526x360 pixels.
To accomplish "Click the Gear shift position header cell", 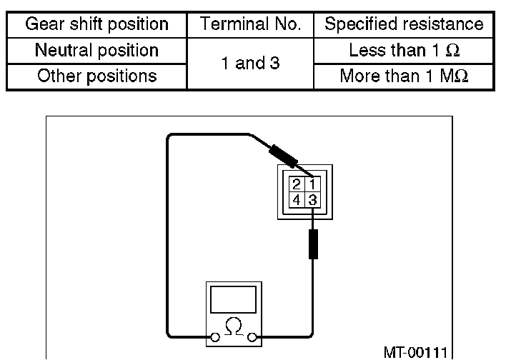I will click(96, 24).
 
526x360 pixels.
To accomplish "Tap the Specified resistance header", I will click(404, 24).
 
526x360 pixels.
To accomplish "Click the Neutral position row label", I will click(96, 50).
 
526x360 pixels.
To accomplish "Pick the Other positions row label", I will click(96, 76).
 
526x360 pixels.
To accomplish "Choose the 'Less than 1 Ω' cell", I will click(404, 50).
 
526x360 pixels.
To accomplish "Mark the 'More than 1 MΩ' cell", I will click(404, 76).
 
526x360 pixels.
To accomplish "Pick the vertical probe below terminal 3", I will click(312, 244).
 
